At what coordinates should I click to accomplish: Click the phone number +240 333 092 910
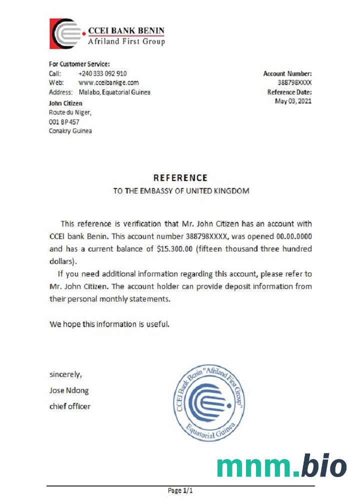point(102,73)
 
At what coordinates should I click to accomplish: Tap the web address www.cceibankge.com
point(108,82)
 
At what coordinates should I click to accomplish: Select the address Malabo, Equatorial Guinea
point(114,92)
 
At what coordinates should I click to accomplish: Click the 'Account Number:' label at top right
point(287,73)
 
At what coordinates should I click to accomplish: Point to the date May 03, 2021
point(293,101)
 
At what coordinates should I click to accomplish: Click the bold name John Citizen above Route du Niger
point(65,103)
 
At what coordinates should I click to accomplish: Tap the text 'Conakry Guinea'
point(70,131)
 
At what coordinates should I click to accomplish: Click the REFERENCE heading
point(180,177)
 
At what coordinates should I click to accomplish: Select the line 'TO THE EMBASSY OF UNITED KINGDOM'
point(180,191)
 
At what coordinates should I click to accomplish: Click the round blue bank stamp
point(210,403)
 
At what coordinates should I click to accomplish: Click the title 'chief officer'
point(70,406)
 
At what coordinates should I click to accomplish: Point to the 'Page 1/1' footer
point(180,491)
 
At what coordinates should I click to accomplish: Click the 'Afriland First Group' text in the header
point(126,41)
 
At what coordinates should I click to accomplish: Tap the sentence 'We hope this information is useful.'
point(109,324)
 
